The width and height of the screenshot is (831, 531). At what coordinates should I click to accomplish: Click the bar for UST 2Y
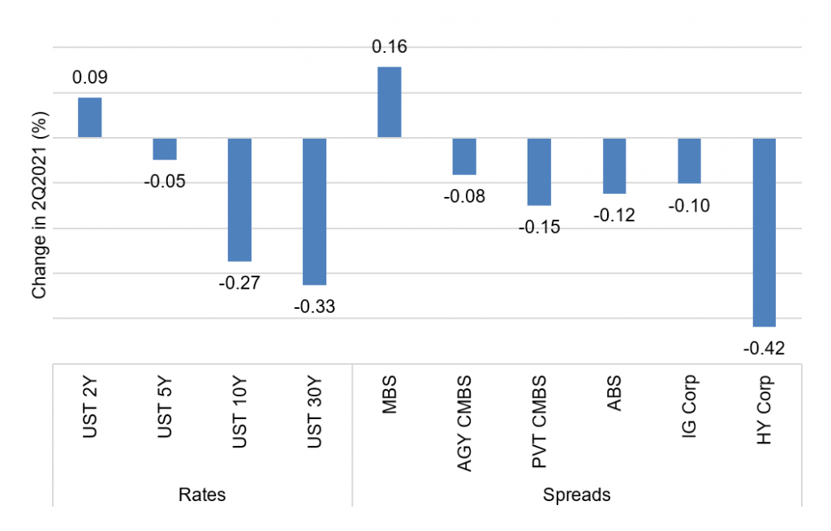(89, 118)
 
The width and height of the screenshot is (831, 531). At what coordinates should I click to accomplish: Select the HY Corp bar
(764, 233)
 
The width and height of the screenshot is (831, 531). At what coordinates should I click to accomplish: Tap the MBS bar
(389, 102)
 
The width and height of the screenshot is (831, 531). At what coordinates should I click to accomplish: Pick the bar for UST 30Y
(314, 212)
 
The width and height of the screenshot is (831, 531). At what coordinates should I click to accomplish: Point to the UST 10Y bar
(239, 199)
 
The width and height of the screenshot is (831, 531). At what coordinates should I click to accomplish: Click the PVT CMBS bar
(539, 172)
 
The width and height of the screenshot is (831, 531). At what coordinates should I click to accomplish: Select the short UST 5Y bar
(165, 149)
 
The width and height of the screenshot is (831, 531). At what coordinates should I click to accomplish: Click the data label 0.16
(390, 46)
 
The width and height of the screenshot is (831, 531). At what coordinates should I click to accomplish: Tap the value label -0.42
(764, 349)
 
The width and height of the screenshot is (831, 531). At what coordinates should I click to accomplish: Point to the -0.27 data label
(239, 283)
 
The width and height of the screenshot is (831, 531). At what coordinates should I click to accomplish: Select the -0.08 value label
(464, 196)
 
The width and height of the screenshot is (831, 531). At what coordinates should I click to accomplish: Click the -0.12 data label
(614, 216)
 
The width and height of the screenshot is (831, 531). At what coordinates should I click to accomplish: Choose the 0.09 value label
(90, 77)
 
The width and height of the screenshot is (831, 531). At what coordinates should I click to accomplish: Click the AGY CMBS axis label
(463, 423)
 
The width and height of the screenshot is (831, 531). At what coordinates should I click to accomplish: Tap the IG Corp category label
(688, 406)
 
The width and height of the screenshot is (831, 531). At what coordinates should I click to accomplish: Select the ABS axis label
(614, 393)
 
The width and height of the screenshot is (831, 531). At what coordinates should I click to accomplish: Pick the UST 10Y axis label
(239, 412)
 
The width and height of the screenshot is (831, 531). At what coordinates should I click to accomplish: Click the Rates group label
(202, 495)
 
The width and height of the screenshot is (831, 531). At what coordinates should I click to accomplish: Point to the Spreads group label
(577, 495)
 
